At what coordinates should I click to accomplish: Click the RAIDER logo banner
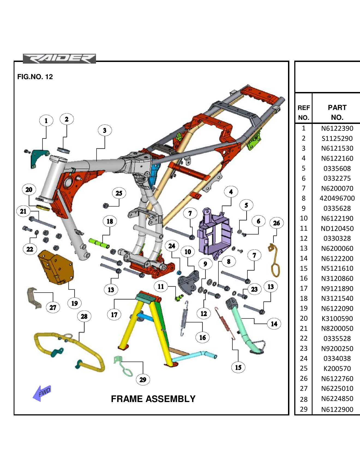tap(59, 59)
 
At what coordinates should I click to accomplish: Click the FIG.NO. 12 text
tap(35, 77)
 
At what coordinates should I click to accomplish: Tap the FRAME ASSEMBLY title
tap(153, 399)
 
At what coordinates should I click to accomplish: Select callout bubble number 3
tap(105, 130)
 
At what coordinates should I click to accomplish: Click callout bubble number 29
tap(143, 380)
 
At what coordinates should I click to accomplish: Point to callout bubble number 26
tap(276, 223)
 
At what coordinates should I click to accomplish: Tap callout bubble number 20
tap(29, 190)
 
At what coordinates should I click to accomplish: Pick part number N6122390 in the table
tap(337, 129)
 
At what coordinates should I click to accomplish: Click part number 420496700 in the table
tap(337, 198)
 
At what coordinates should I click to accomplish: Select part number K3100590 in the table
tap(337, 319)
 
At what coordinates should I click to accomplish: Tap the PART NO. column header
tap(337, 112)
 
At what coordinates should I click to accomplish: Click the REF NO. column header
tap(304, 112)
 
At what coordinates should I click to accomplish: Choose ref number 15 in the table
tap(304, 268)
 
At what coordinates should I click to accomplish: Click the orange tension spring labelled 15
tap(225, 323)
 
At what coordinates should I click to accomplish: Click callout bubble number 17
tap(114, 315)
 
